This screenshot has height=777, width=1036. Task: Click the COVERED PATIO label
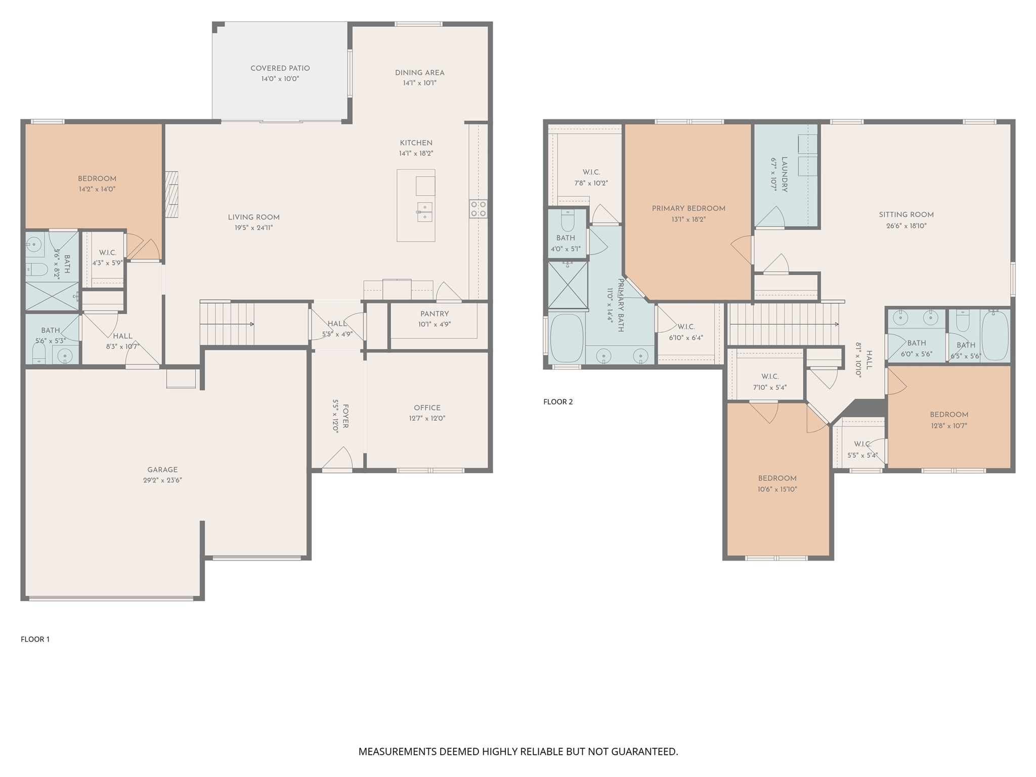(280, 68)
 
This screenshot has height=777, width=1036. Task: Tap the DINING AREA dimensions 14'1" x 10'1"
(419, 83)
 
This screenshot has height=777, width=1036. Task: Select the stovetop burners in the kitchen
(478, 209)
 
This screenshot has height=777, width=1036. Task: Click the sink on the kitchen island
(424, 211)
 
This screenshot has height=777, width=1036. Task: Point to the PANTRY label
(434, 314)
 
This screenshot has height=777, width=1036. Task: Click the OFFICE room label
(427, 408)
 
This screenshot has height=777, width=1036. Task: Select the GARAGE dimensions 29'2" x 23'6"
(162, 480)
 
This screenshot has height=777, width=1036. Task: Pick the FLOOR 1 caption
(35, 639)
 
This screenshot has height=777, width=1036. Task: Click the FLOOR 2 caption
(558, 402)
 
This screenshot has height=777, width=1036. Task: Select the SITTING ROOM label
(906, 214)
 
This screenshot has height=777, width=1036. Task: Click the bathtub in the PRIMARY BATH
(567, 338)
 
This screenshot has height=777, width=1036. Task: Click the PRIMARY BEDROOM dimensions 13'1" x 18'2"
(688, 220)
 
